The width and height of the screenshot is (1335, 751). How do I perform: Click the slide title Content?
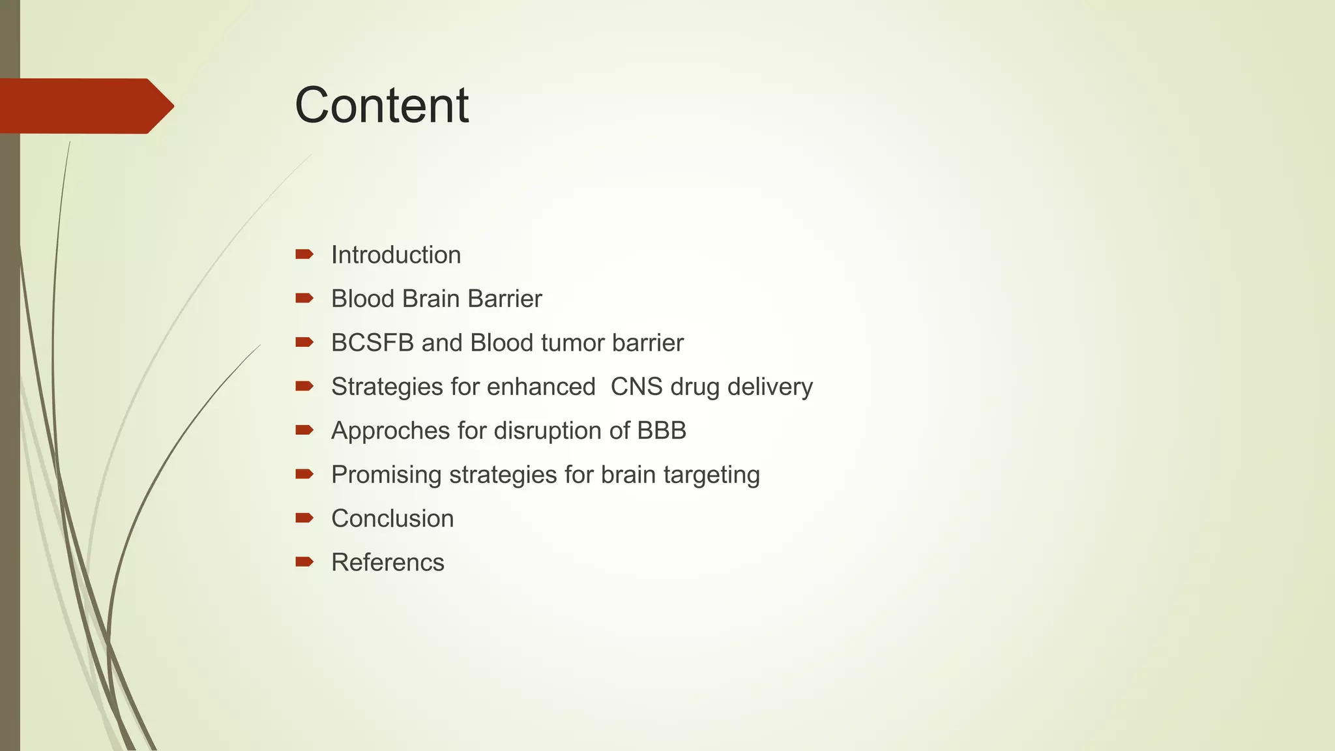tap(381, 105)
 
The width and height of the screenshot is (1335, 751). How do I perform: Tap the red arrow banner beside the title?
tap(85, 106)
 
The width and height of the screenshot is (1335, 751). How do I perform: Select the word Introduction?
tap(396, 255)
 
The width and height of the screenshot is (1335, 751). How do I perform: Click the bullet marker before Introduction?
tap(304, 254)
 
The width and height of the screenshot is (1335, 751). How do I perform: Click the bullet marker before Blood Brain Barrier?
tap(304, 298)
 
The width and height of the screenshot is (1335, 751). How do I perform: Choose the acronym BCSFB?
tap(372, 343)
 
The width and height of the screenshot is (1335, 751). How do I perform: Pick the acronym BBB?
tap(662, 431)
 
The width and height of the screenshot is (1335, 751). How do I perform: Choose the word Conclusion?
tap(392, 519)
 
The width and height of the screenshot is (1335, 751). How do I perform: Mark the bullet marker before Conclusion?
tap(304, 518)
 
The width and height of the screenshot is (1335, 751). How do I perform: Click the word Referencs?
tap(387, 563)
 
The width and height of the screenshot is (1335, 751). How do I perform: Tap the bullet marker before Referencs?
tap(304, 562)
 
